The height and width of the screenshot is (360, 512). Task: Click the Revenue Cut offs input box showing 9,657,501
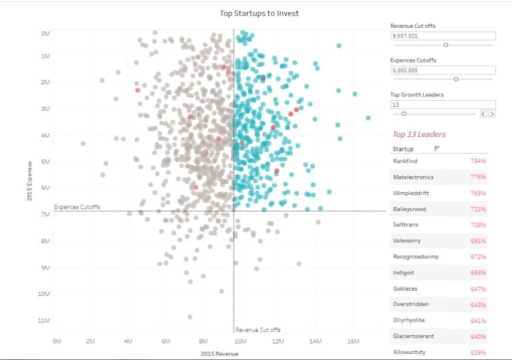point(442,35)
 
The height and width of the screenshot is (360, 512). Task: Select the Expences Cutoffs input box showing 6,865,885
point(442,70)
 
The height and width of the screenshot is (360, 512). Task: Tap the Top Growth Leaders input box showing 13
point(442,105)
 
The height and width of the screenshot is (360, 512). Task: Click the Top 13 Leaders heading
point(419,134)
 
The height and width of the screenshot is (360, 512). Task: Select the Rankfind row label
point(406,161)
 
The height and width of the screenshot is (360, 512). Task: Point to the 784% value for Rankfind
point(477,161)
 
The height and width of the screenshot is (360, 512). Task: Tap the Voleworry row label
point(407,240)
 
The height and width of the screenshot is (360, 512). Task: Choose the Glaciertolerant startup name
point(413,336)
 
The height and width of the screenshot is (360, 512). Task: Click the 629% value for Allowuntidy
point(477,352)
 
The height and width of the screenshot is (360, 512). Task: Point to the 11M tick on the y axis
point(44,320)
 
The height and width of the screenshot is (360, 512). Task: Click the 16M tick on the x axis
point(352,341)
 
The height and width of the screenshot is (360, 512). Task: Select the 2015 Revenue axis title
point(219,352)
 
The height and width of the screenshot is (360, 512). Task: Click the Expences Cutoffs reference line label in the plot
point(77,206)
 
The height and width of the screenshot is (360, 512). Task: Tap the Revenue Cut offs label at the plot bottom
point(258,329)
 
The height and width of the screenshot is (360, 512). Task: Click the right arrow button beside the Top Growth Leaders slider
point(492,114)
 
